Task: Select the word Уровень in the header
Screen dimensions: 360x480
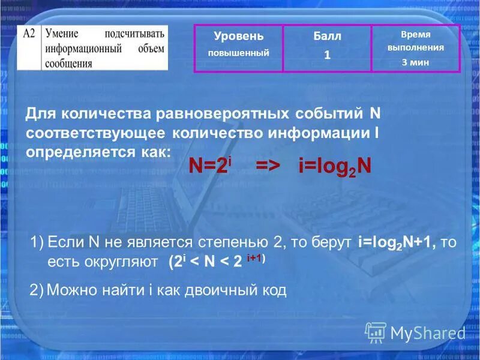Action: tap(238, 36)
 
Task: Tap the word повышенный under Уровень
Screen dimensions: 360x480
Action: tap(238, 53)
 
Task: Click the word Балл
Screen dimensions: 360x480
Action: tap(327, 36)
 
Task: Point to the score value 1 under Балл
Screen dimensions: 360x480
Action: tap(327, 55)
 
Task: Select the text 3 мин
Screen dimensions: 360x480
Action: tap(415, 62)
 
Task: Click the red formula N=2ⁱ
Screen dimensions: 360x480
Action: tap(210, 166)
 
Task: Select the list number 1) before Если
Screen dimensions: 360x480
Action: tap(37, 242)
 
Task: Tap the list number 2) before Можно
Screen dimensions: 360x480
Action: tap(37, 290)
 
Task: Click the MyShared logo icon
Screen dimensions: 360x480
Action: tap(376, 332)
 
